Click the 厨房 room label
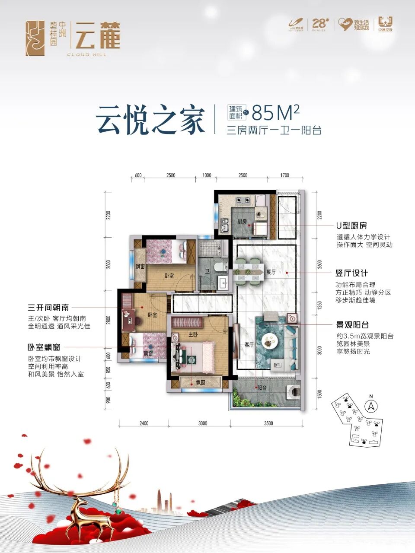[x=242, y=222]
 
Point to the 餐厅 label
[x=271, y=272]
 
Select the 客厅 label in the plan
[x=249, y=345]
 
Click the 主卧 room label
[x=193, y=334]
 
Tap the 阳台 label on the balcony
[x=262, y=388]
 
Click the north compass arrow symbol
[x=371, y=406]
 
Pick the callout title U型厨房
[x=351, y=226]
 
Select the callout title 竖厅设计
[x=351, y=273]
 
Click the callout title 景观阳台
[x=352, y=325]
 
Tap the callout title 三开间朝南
[x=48, y=308]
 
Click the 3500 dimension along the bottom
[x=268, y=423]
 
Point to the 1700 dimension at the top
[x=284, y=175]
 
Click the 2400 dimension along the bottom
[x=144, y=423]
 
